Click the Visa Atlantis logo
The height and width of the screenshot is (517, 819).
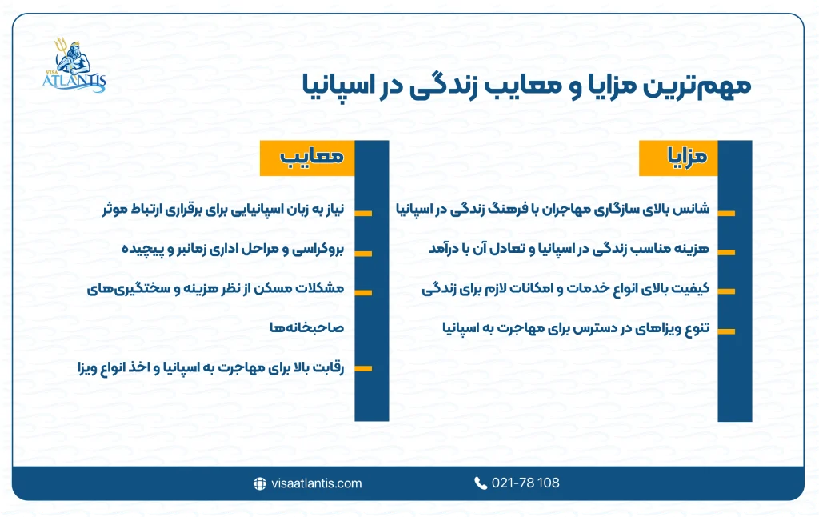click(74, 63)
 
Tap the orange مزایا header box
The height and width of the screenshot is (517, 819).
click(678, 158)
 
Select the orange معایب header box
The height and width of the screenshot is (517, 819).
click(307, 158)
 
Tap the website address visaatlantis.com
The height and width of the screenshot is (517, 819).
click(316, 483)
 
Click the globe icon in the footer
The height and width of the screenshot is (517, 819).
click(259, 483)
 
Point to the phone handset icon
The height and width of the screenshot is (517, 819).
click(481, 483)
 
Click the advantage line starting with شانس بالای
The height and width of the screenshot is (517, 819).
click(553, 210)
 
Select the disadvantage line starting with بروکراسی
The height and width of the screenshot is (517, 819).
click(233, 249)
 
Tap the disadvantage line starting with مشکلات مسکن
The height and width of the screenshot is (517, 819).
click(216, 289)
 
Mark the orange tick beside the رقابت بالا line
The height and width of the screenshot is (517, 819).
click(363, 368)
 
